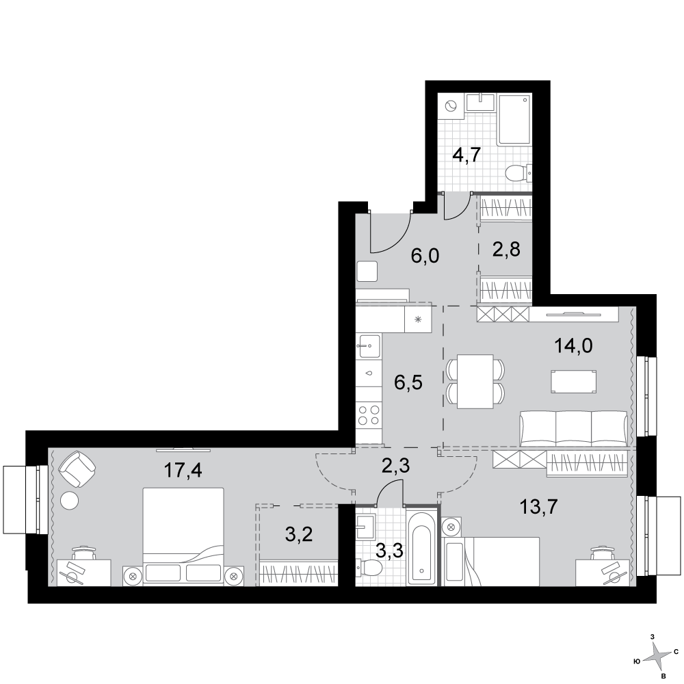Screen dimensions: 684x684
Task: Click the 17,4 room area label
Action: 183,471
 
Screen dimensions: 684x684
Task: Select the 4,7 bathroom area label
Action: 466,155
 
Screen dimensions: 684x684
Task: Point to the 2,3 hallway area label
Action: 395,466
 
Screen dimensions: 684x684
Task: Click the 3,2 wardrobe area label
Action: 299,534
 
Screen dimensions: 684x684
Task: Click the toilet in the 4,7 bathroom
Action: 519,173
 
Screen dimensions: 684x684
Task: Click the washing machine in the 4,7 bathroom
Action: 451,106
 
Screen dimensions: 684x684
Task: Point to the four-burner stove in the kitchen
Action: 369,415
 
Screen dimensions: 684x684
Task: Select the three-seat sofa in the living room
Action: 574,429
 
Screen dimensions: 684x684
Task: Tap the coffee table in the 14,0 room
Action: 574,382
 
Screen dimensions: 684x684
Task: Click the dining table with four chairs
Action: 475,382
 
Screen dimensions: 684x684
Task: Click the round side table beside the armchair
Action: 69,500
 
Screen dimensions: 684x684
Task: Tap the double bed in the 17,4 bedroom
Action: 183,536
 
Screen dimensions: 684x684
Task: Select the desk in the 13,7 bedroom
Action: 603,573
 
